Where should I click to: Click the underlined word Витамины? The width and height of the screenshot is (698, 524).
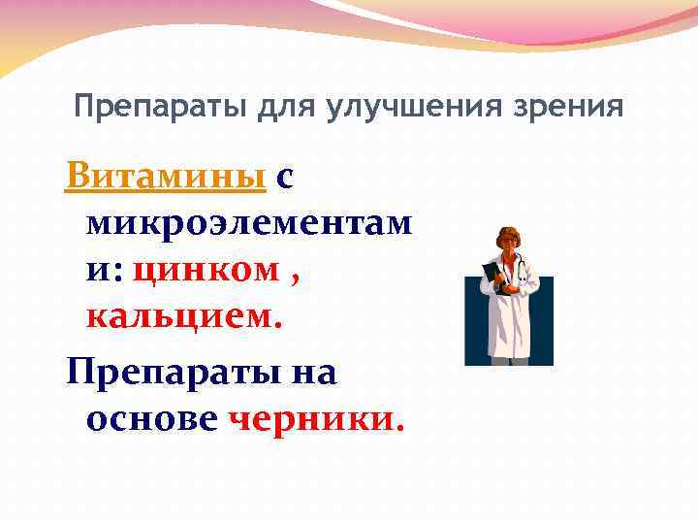[x=166, y=177]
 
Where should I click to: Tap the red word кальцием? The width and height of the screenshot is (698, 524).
[x=184, y=317]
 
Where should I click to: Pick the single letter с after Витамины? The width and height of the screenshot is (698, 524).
[x=285, y=177]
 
